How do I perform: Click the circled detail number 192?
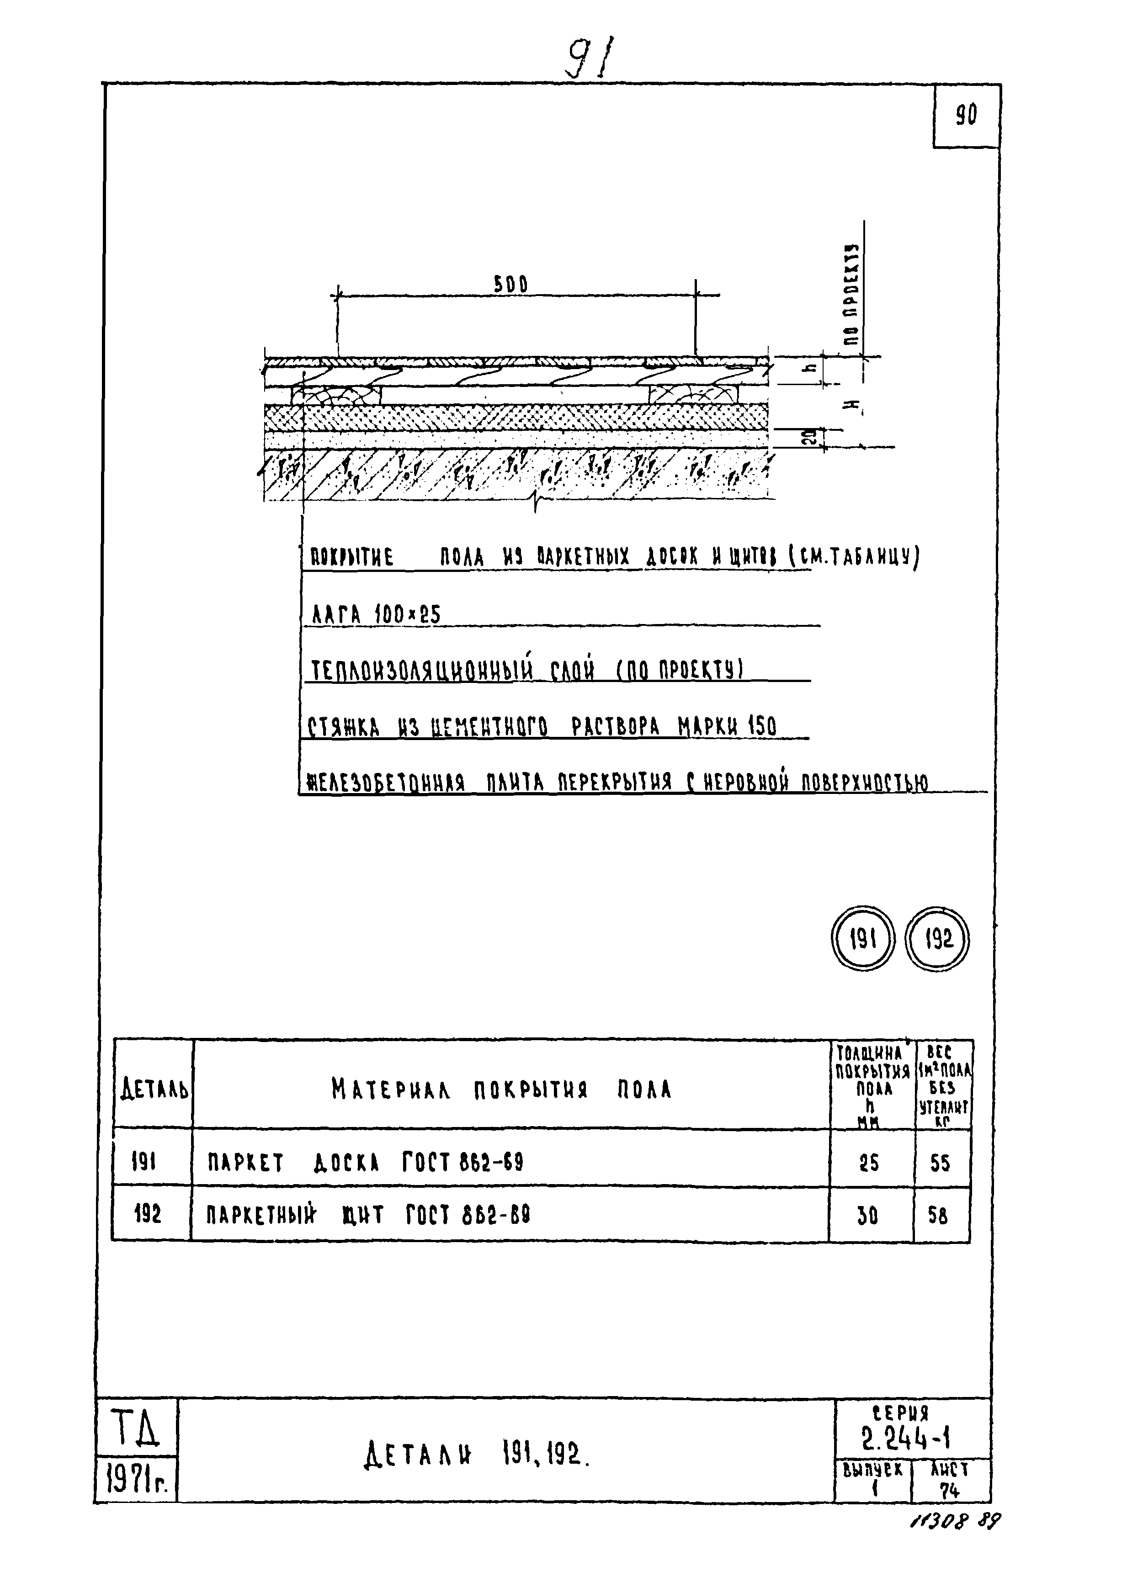937,940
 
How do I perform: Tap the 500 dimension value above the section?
511,284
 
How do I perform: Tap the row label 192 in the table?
147,1214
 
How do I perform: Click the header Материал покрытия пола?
502,1090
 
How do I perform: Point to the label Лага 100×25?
375,614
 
